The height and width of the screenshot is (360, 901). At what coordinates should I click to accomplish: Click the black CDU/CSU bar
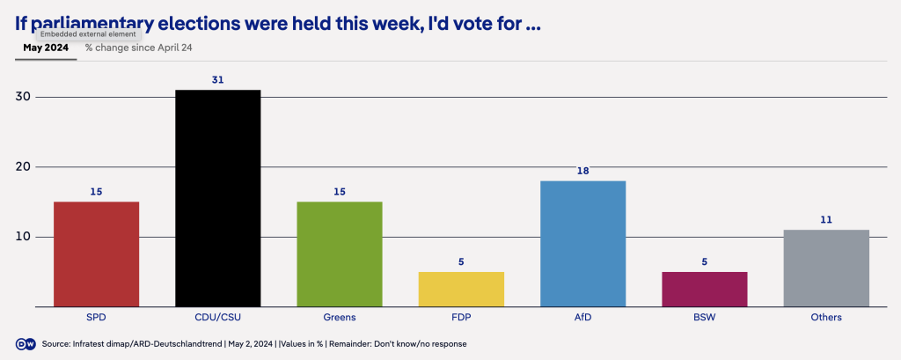[x=217, y=198]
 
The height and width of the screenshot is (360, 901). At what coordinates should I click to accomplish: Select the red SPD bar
[x=96, y=253]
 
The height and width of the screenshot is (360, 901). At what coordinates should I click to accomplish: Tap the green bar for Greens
[x=340, y=253]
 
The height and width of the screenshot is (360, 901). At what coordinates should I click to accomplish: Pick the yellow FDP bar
[x=461, y=289]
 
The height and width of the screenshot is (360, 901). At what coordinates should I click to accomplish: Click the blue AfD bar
[x=582, y=243]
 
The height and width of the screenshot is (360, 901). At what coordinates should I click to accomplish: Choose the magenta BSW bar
[x=705, y=289]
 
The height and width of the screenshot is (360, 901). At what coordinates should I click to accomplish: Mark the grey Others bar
[x=826, y=268]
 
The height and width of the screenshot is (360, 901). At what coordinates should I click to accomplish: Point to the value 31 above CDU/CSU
[x=217, y=79]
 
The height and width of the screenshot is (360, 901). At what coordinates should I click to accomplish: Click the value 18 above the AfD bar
[x=582, y=171]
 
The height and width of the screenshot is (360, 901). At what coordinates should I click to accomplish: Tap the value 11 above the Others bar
[x=826, y=219]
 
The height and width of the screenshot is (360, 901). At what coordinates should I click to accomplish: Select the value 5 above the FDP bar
[x=461, y=261]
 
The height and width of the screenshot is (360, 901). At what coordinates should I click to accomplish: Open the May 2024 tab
[x=46, y=48]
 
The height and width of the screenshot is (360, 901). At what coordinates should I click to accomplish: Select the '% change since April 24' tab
[x=138, y=48]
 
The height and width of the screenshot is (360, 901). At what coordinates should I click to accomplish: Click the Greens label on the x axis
[x=340, y=317]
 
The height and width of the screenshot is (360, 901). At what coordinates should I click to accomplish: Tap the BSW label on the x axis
[x=705, y=317]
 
